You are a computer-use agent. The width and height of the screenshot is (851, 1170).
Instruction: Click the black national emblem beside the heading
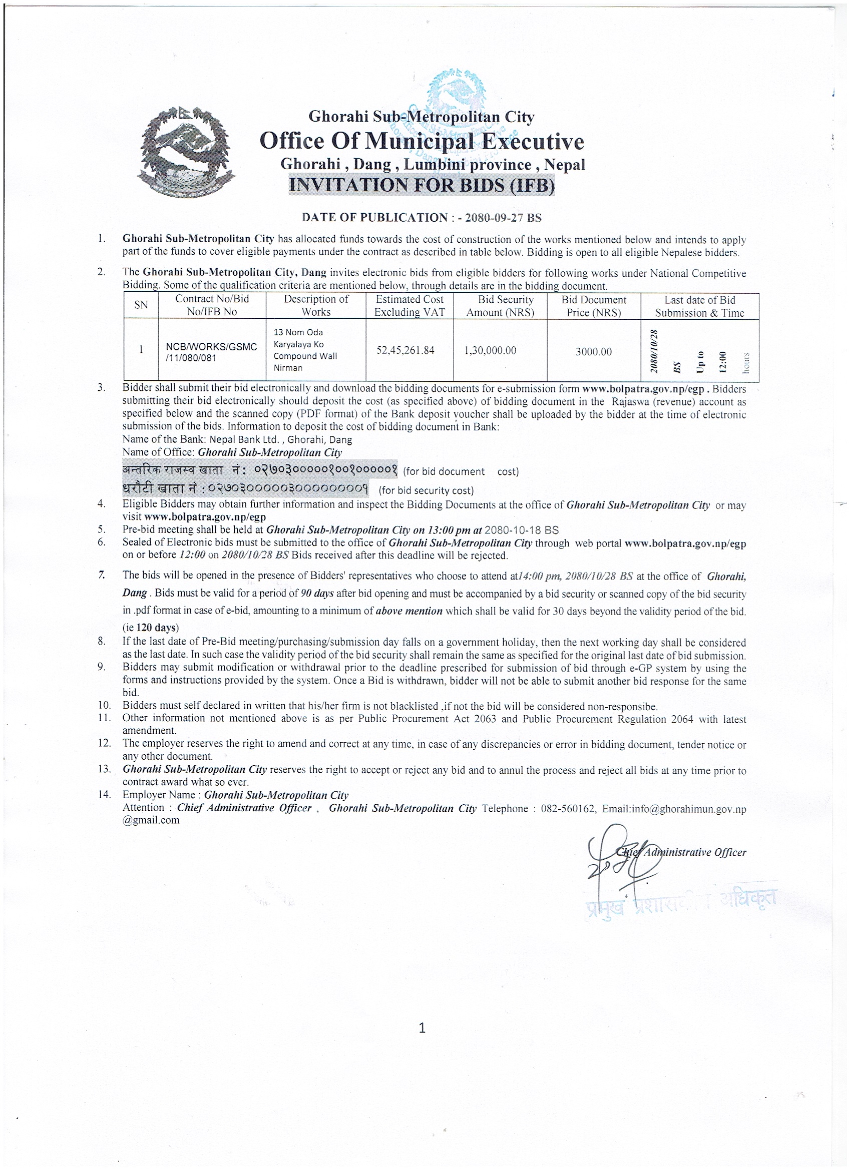click(186, 153)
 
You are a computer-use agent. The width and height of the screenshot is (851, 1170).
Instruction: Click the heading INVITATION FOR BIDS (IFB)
click(421, 185)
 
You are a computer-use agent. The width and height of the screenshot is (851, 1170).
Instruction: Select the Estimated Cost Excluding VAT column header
click(409, 305)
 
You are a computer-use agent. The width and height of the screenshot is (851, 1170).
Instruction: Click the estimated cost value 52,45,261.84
click(405, 350)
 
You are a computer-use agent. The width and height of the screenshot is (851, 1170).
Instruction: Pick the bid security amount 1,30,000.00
click(490, 350)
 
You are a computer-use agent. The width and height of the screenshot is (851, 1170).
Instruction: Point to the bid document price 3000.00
click(594, 352)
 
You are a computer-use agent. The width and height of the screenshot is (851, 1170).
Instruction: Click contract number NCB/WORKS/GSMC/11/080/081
click(211, 352)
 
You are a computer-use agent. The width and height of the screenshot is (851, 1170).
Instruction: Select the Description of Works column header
click(316, 305)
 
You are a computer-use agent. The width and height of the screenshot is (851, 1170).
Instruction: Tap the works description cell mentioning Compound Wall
click(305, 350)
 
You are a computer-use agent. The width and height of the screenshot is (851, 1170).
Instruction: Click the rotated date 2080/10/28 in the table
click(654, 351)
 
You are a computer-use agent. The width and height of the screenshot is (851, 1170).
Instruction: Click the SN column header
click(141, 305)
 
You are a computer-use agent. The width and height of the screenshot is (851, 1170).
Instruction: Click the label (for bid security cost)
click(427, 490)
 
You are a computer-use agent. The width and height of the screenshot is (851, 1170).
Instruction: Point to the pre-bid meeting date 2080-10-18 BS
click(522, 530)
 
